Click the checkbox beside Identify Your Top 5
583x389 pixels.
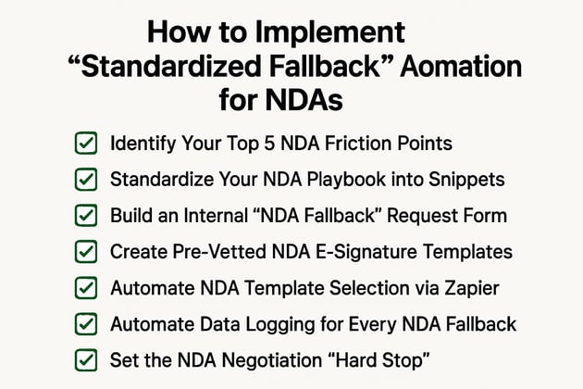click(85, 144)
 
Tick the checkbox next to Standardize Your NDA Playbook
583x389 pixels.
click(85, 180)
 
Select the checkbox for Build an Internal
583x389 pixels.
click(85, 216)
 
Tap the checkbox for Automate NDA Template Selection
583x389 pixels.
click(85, 288)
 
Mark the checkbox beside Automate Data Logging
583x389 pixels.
click(85, 324)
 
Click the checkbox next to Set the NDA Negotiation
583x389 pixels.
click(85, 359)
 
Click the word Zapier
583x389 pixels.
click(472, 288)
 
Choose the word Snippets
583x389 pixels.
click(470, 180)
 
